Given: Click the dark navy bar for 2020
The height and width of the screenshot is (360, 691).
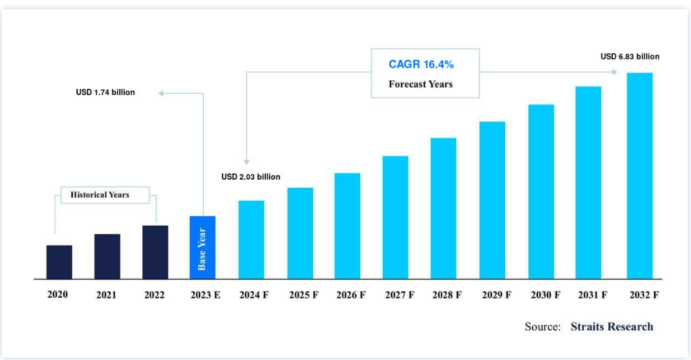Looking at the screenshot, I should pos(59,262).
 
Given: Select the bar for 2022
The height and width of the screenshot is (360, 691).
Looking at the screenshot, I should pos(155,252).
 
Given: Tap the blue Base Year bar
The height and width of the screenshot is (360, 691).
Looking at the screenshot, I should pos(203,247).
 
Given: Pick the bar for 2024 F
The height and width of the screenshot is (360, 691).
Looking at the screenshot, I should pos(251,239).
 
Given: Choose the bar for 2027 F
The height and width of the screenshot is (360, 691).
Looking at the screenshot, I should pos(395,217).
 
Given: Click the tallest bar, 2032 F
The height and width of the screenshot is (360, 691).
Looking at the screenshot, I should pos(639,176).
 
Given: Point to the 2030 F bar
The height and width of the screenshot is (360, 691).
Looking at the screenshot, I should pos(541,192).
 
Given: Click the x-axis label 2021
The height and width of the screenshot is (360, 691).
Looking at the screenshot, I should pos(106,295).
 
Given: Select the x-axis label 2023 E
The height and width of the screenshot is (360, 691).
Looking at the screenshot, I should pos(205,295).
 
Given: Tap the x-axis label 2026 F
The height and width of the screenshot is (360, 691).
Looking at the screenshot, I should pos(351,295).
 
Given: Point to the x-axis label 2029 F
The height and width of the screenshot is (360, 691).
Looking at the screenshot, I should pos(496,295).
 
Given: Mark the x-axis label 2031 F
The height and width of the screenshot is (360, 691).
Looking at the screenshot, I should pos(592,295).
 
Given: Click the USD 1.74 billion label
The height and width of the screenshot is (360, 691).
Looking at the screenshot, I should pos(106,93).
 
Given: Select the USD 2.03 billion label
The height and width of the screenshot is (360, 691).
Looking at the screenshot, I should pos(251,177).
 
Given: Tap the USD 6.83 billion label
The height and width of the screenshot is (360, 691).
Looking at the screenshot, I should pos(629,57).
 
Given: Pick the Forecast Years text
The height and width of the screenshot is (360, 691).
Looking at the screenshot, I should pos(421,84).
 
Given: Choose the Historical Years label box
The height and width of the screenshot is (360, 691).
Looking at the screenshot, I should pos(100,195).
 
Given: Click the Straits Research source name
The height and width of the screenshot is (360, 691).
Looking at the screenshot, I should pos(611,326).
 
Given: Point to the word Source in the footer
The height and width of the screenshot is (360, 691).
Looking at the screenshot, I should pos(542,326).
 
